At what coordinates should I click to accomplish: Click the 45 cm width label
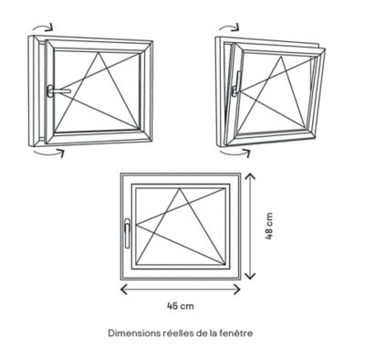(181, 305)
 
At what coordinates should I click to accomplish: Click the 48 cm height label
(269, 226)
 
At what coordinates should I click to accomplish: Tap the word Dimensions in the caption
(133, 333)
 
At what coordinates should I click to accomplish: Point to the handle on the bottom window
(127, 233)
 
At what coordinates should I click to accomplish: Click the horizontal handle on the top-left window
(57, 90)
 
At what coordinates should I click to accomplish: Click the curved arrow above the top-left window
(44, 26)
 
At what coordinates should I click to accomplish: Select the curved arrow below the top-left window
(48, 153)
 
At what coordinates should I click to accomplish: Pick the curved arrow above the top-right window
(229, 26)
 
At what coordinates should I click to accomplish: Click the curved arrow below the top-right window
(235, 153)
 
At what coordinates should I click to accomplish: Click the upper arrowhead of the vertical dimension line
(250, 175)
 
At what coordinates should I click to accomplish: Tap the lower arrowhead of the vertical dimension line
(250, 276)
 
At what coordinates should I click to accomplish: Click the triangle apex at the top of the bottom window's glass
(180, 188)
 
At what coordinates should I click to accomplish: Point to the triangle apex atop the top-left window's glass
(99, 53)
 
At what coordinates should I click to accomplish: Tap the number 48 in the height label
(269, 234)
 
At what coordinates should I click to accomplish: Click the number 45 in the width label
(172, 305)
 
